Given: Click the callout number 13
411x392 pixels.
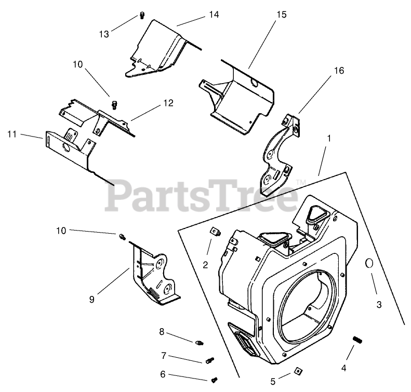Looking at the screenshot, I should click(104, 34).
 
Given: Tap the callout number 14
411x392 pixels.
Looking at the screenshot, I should click(214, 16).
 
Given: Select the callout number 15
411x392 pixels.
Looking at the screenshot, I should click(281, 15).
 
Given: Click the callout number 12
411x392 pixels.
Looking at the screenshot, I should click(168, 103).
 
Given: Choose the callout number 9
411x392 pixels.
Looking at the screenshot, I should click(91, 299).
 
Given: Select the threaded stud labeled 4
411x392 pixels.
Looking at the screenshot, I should click(356, 340).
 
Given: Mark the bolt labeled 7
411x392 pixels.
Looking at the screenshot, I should click(209, 359).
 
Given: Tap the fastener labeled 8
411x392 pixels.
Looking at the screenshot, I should click(200, 342).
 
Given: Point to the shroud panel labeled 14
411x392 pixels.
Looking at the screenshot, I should click(161, 49).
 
